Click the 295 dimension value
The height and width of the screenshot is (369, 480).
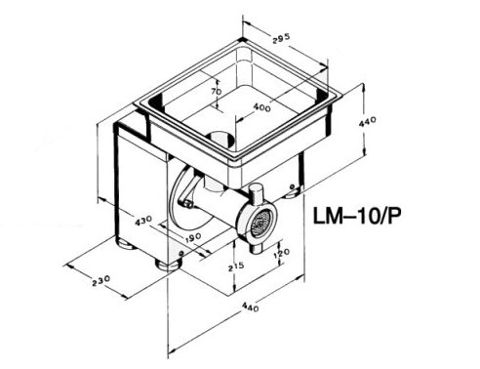point(281,38)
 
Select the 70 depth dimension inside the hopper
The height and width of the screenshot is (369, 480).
point(217,92)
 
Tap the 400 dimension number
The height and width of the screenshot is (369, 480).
point(261,107)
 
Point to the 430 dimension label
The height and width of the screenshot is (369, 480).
point(143,221)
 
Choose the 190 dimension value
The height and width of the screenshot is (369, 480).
point(193,238)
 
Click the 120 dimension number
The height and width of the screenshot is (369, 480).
point(282,253)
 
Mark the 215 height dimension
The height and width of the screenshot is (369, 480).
point(236,266)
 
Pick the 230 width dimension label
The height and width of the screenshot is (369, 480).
point(100,281)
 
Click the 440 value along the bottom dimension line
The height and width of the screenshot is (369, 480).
point(251,307)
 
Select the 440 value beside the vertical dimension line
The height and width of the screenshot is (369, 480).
point(368,122)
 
